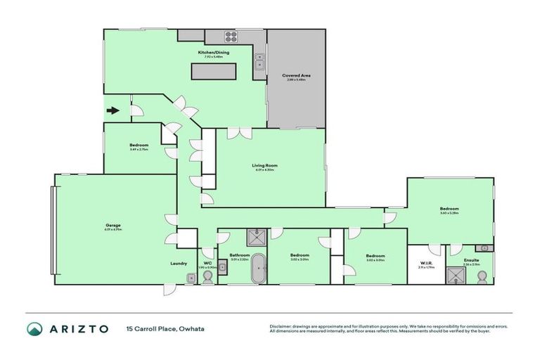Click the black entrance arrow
112,110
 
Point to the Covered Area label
296,75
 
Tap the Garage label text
113,226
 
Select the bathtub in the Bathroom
259,269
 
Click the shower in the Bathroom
253,237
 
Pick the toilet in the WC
207,276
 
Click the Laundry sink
191,278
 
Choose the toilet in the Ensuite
483,276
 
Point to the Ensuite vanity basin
484,248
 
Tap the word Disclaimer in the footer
281,326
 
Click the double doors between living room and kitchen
234,132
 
